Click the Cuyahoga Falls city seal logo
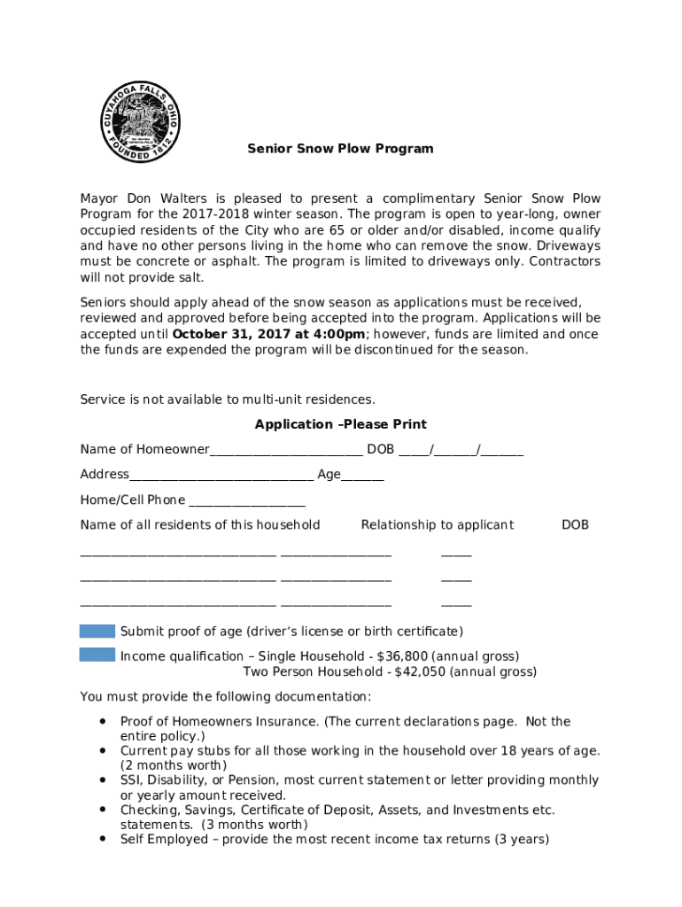[x=141, y=120]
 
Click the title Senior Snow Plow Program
[x=340, y=149]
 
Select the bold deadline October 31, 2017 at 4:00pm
[x=268, y=334]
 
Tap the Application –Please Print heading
[x=341, y=424]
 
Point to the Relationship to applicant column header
[x=437, y=524]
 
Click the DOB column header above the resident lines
[x=575, y=524]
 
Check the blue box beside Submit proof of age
[x=97, y=632]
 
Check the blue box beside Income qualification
[x=97, y=655]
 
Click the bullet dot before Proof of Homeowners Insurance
[x=104, y=721]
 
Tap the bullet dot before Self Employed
[x=104, y=838]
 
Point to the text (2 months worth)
[x=174, y=765]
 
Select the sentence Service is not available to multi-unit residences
[x=228, y=399]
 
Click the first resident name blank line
[x=177, y=554]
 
